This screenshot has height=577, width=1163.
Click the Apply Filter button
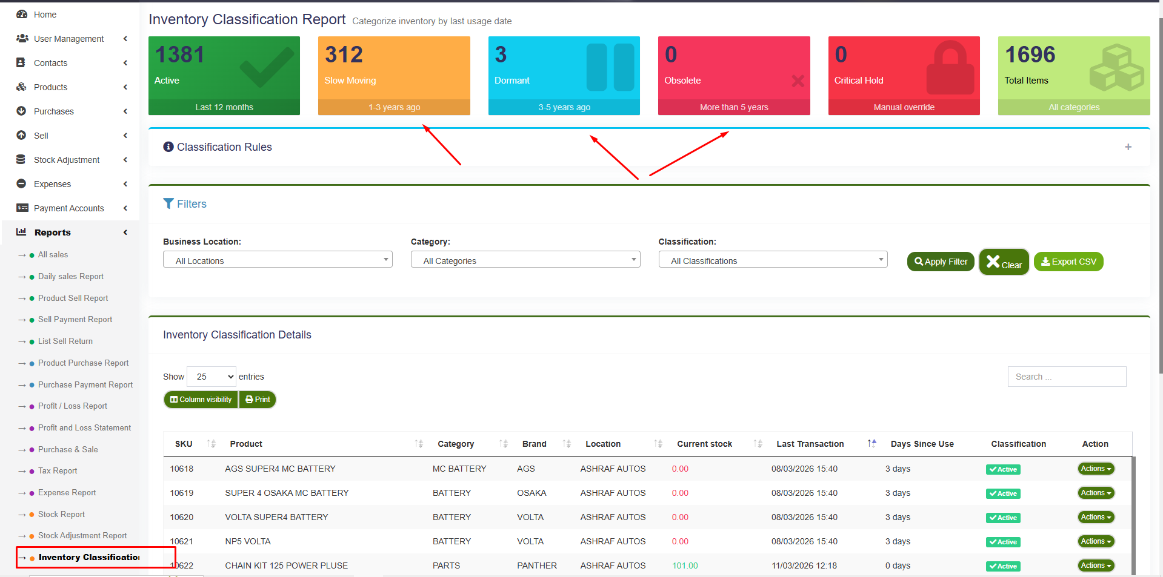941,262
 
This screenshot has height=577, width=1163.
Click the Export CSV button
1068,262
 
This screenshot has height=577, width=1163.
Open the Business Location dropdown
278,260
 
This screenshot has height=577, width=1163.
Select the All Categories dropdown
525,260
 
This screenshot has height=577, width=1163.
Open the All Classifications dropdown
773,260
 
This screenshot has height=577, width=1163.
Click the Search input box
1067,377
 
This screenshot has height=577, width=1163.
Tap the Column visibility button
201,400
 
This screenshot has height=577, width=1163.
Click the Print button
258,400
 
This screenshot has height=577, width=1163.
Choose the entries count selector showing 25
212,377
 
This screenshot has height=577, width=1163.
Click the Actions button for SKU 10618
1096,469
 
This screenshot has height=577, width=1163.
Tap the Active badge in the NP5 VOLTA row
1003,542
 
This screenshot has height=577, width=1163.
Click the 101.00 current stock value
685,565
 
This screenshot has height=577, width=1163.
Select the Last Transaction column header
810,444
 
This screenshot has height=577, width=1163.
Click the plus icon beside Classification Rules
1128,147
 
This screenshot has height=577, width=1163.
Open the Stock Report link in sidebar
61,514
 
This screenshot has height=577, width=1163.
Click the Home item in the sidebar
45,15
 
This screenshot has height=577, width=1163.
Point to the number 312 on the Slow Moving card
344,55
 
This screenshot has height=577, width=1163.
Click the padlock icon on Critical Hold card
950,68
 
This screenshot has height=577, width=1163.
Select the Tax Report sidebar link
58,470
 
